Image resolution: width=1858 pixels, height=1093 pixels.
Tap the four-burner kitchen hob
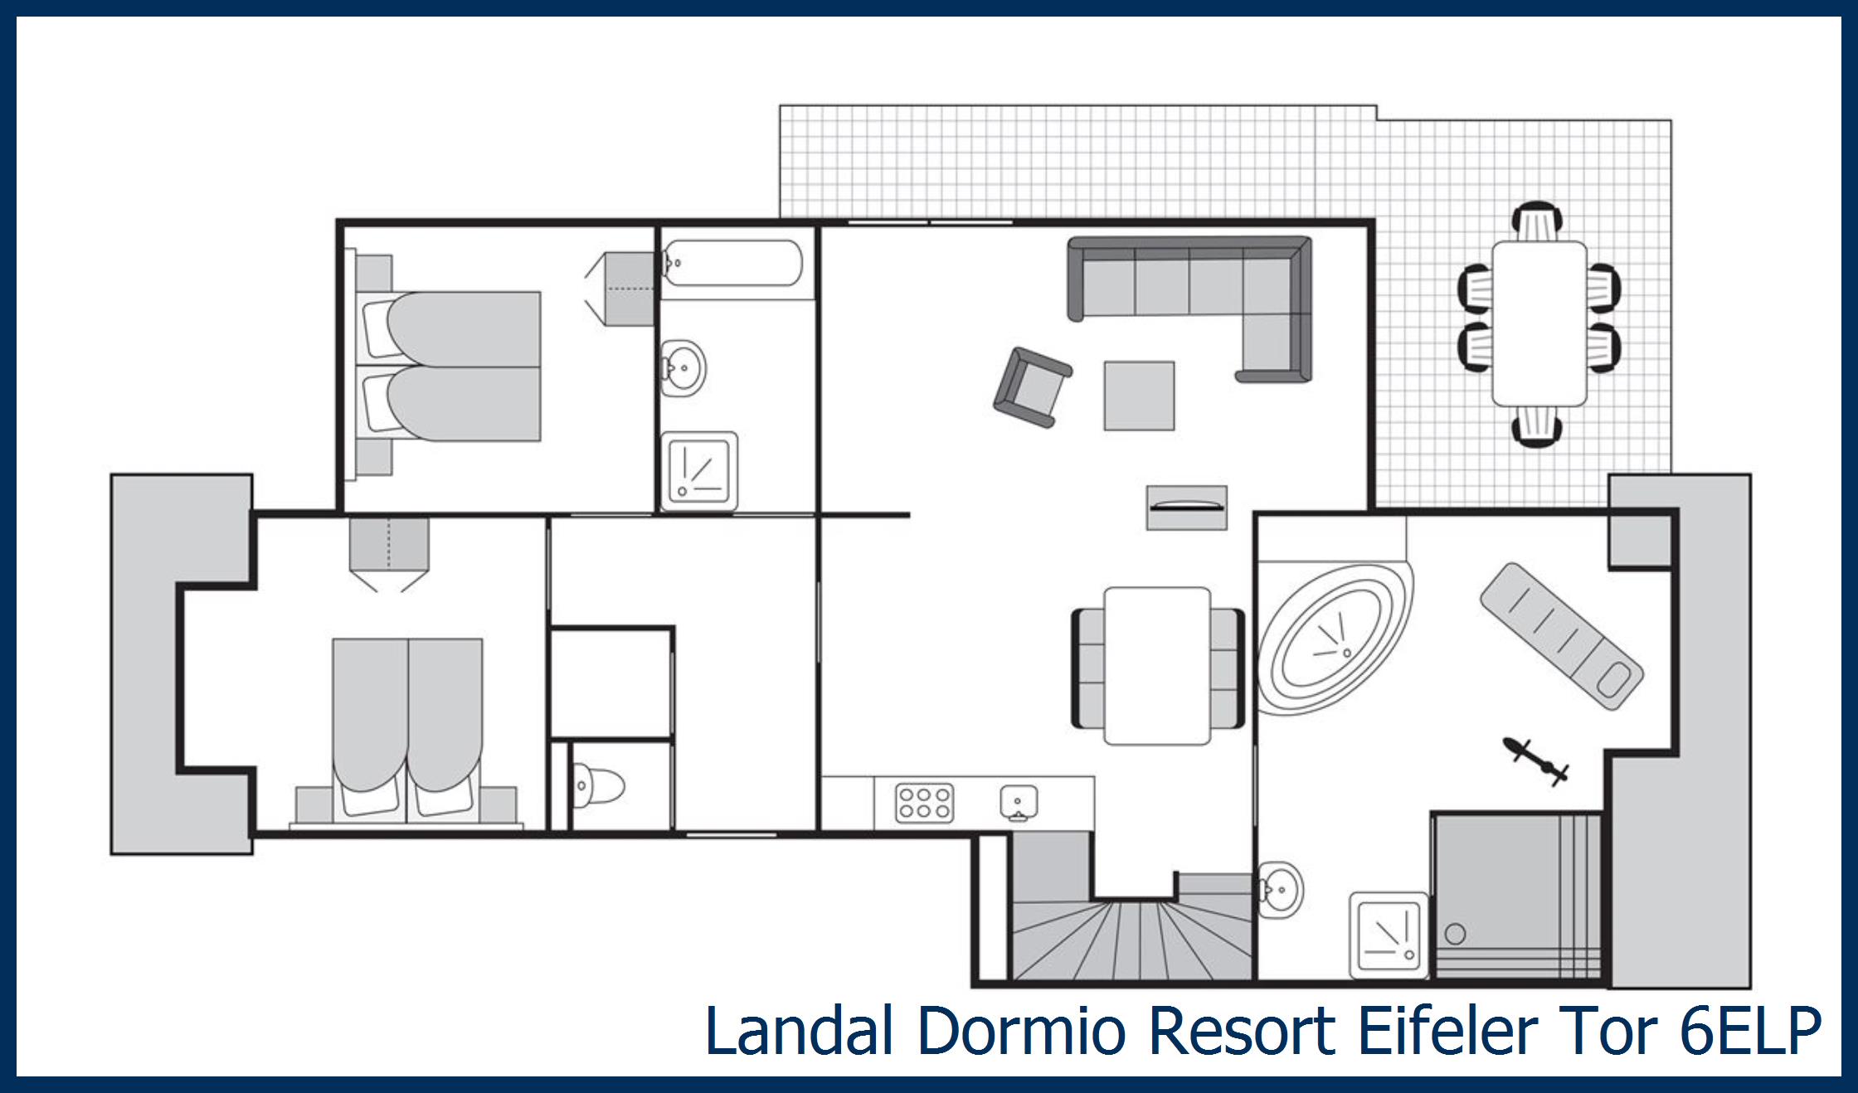pyautogui.click(x=924, y=803)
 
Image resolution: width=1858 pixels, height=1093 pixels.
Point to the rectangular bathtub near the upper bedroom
pyautogui.click(x=732, y=264)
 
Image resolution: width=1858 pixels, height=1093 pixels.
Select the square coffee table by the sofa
pyautogui.click(x=1139, y=396)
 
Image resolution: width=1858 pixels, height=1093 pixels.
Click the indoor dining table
pyautogui.click(x=1157, y=666)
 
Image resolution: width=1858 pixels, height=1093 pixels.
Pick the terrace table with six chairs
pyautogui.click(x=1539, y=323)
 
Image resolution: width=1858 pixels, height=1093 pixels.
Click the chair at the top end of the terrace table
pyautogui.click(x=1538, y=221)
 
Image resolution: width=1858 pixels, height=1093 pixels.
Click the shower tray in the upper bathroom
pyautogui.click(x=698, y=470)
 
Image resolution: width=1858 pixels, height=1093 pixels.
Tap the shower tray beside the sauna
pyautogui.click(x=1389, y=935)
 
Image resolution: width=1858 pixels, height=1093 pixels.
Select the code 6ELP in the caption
pyautogui.click(x=1750, y=1031)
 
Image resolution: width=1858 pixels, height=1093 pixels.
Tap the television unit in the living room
pyautogui.click(x=1187, y=507)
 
